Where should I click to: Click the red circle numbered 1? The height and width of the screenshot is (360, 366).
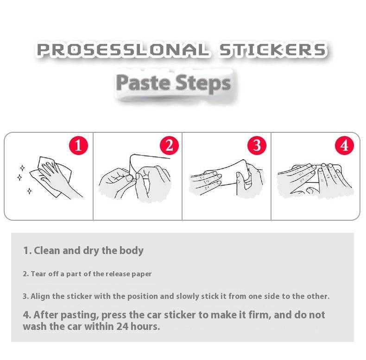click(x=78, y=145)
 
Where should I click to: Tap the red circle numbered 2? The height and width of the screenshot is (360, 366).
click(x=169, y=145)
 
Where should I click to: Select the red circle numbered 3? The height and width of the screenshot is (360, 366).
click(x=257, y=145)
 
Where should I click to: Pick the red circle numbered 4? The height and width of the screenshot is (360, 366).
click(x=344, y=145)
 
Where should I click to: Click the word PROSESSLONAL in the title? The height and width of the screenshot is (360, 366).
click(x=123, y=50)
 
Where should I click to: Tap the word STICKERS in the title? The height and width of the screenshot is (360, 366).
click(x=272, y=50)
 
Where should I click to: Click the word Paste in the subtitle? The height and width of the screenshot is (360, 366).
click(x=143, y=83)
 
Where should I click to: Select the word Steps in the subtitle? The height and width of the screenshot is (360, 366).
click(x=203, y=83)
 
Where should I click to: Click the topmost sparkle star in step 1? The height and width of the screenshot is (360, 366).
click(x=22, y=168)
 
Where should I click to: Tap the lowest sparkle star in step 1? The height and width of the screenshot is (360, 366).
click(x=29, y=191)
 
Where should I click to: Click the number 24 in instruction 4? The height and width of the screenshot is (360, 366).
click(x=123, y=326)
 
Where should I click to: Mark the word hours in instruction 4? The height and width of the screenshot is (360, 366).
click(x=145, y=326)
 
